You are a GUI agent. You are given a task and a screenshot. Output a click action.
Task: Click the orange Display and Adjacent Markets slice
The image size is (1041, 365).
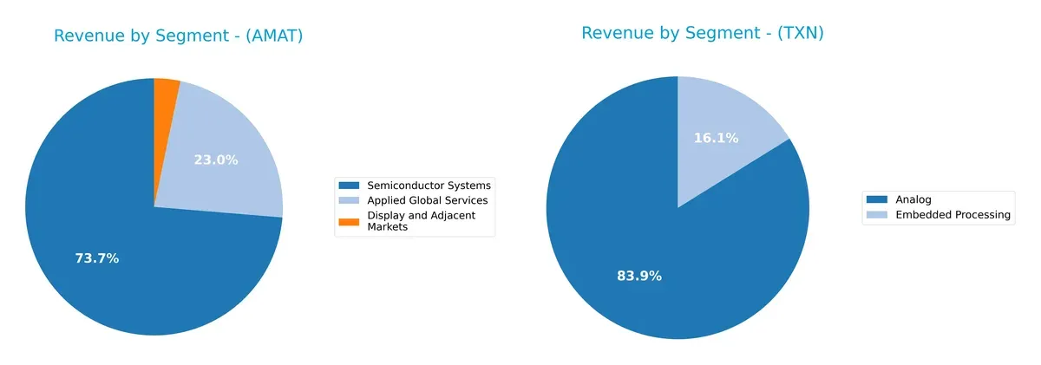pos(165,95)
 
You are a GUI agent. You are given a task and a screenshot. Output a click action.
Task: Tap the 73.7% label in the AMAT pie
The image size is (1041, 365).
pos(96,258)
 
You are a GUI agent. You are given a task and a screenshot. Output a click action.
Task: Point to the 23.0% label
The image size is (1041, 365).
pos(215,160)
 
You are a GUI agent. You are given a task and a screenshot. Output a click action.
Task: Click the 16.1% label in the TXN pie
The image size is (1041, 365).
pos(716,138)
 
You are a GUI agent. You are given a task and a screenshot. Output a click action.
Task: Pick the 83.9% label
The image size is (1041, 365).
pos(638,276)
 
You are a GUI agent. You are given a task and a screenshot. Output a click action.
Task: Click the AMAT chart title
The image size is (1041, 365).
pos(178,36)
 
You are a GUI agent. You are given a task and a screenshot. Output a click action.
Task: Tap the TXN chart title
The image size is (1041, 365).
pos(702,33)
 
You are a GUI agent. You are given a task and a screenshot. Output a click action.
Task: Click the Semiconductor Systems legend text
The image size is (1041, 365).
pos(429,186)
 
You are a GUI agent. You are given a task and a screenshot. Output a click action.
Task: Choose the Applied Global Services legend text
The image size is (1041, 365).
pos(428,200)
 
